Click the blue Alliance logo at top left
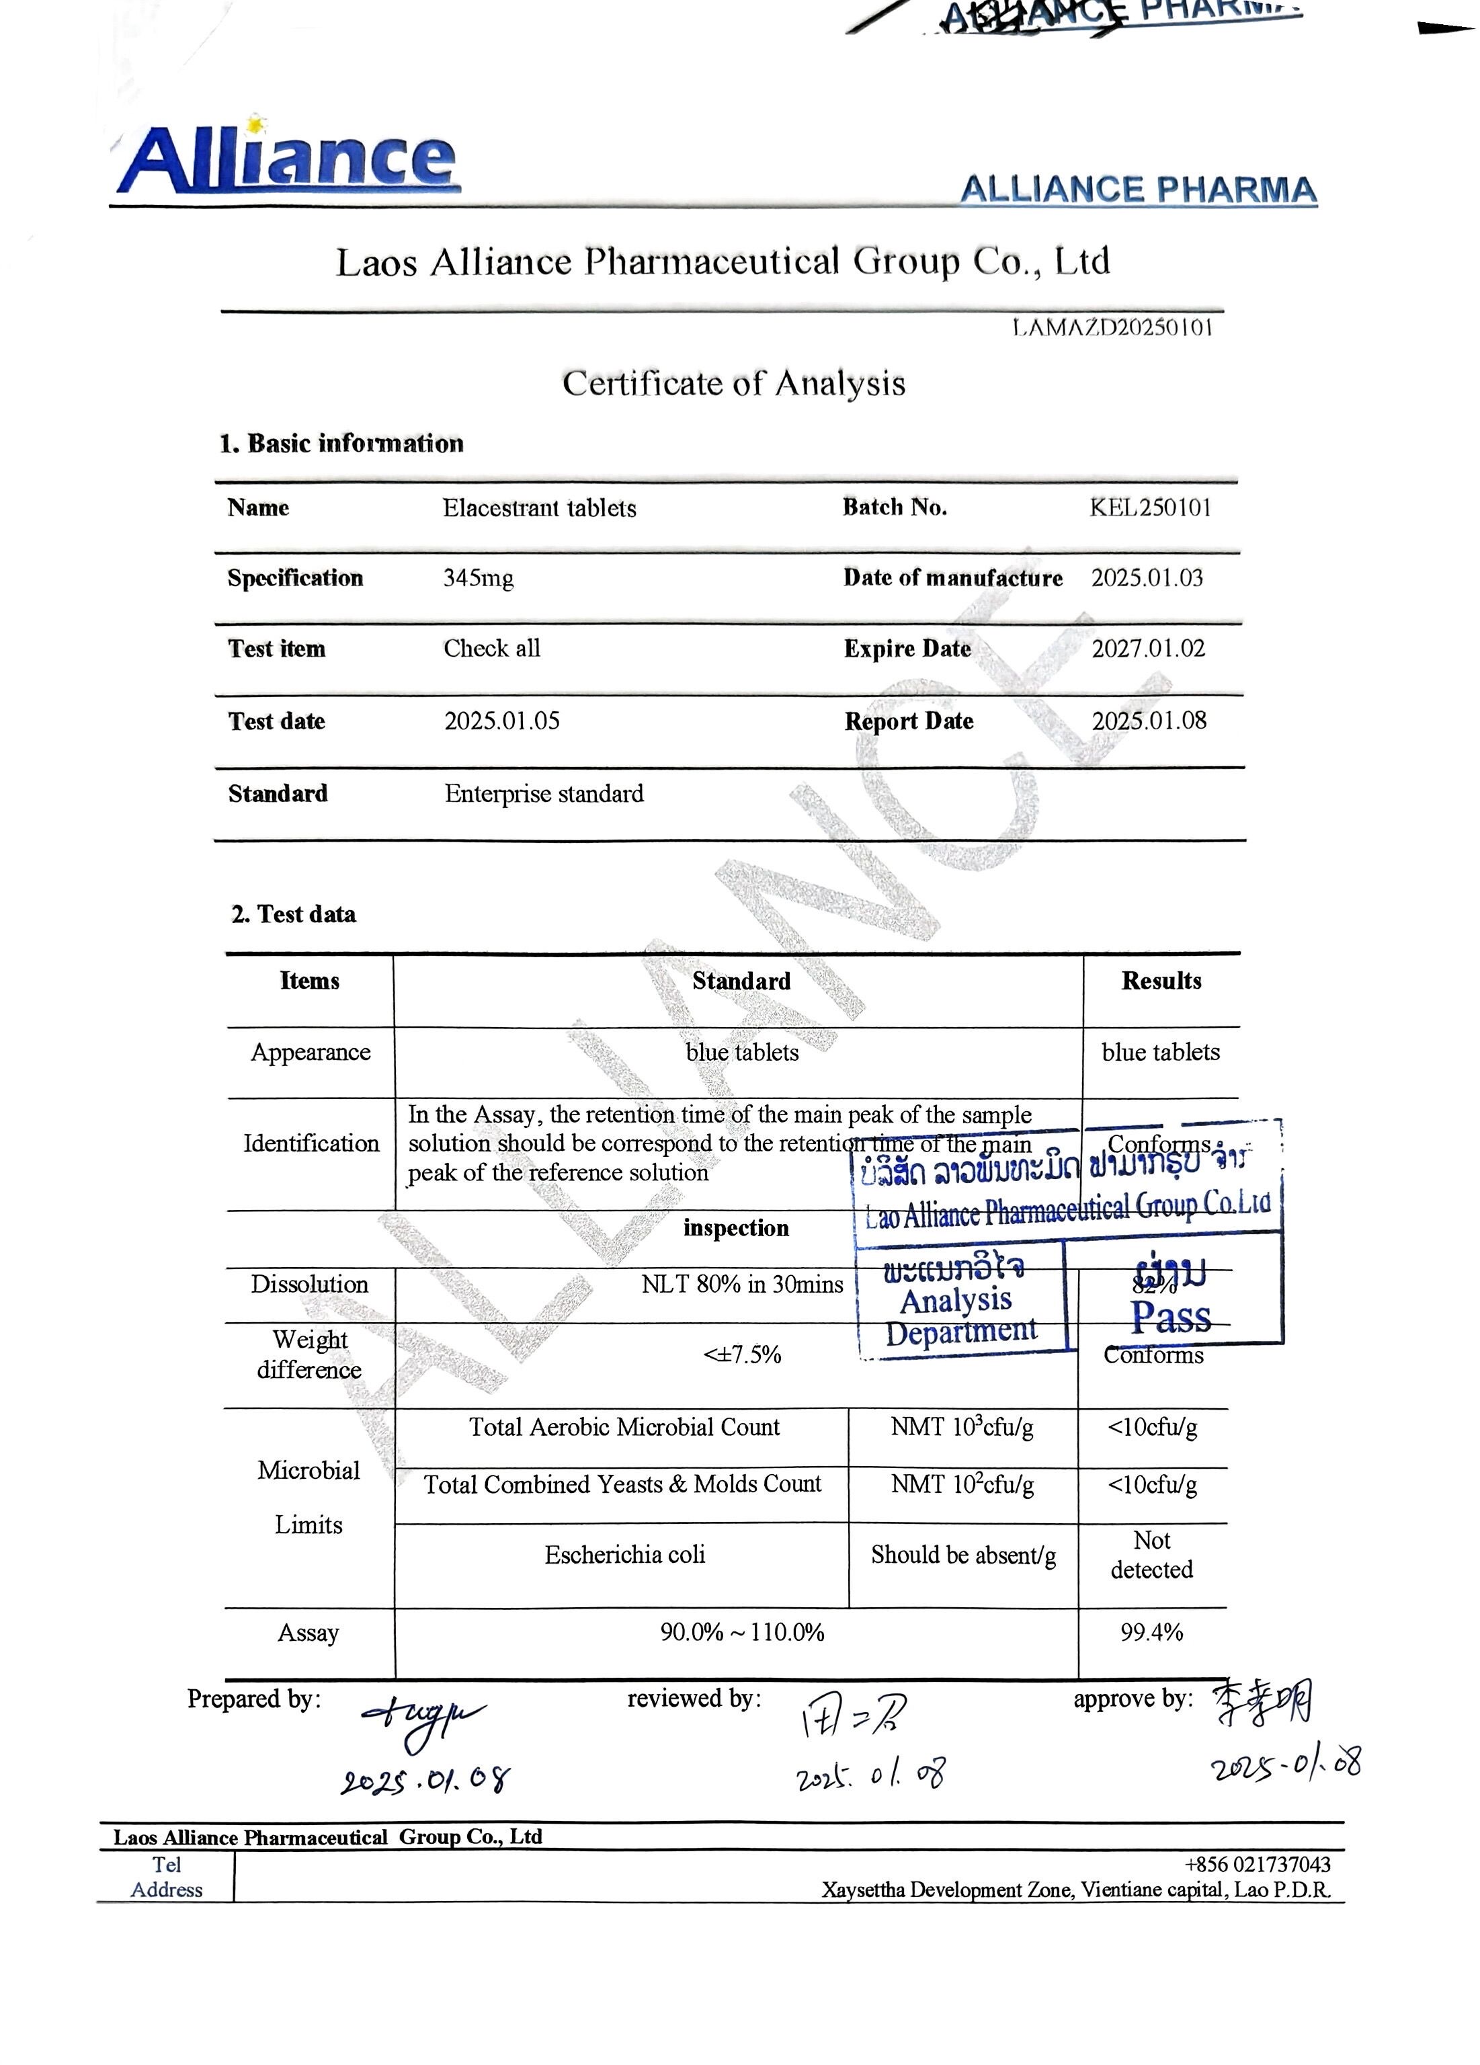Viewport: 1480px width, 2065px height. (288, 159)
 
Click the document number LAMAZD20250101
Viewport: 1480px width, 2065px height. (1112, 328)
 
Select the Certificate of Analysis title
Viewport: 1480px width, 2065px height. (733, 383)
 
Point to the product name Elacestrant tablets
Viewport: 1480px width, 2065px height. (539, 508)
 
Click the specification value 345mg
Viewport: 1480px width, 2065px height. (478, 578)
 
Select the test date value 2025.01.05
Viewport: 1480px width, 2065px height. (501, 721)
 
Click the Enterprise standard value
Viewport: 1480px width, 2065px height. (543, 794)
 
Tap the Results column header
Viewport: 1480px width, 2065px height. (1161, 981)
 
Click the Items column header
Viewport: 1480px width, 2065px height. (309, 981)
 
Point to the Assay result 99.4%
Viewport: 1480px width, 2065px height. (1151, 1633)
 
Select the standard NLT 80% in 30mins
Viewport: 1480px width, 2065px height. (742, 1284)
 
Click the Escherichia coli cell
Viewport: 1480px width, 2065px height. (624, 1554)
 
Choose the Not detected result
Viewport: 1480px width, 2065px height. (1151, 1554)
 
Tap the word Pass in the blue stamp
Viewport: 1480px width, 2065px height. (1171, 1318)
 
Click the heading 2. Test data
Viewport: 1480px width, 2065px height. (293, 914)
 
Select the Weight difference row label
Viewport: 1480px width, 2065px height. (309, 1354)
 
